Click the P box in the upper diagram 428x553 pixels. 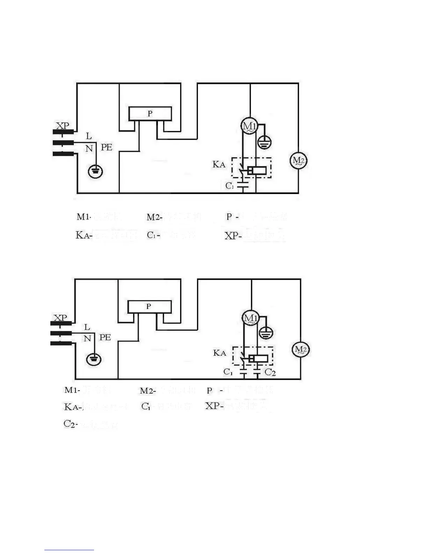(150, 114)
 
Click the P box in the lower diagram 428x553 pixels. (149, 307)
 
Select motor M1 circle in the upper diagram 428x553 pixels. (249, 126)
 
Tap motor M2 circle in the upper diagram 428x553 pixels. (298, 161)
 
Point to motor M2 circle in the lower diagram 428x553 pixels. (300, 350)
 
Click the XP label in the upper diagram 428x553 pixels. (63, 125)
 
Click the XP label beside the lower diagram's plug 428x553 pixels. (60, 318)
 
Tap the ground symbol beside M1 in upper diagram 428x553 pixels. (264, 142)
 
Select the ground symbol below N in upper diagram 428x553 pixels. (95, 171)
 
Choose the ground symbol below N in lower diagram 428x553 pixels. (94, 359)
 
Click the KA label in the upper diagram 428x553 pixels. (219, 164)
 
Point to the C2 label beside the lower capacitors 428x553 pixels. (270, 372)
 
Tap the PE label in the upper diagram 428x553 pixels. (107, 147)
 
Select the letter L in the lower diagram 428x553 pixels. (87, 327)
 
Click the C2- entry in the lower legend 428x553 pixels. (70, 424)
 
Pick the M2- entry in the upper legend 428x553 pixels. (154, 217)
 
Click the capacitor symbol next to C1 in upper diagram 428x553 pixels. (242, 185)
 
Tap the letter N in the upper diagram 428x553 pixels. (89, 149)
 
